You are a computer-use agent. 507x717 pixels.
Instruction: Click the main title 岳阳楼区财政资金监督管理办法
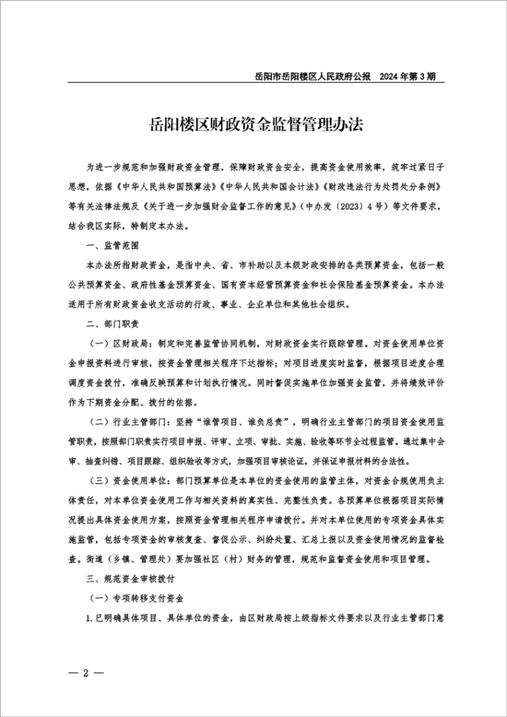click(x=256, y=126)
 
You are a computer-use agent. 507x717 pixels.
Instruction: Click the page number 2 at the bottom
click(x=86, y=673)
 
